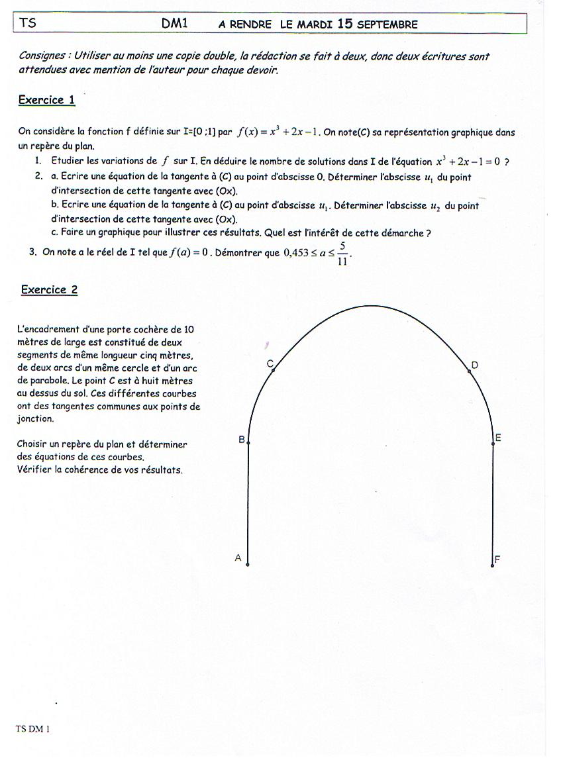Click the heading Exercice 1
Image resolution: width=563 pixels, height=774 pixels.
click(46, 100)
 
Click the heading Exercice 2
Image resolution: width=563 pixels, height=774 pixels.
click(49, 289)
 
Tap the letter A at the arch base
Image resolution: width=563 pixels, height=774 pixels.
click(238, 558)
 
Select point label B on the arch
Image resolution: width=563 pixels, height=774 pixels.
click(242, 440)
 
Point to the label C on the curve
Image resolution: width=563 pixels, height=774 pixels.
click(270, 363)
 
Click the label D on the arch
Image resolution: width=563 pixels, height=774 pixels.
click(475, 365)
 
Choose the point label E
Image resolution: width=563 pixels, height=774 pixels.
click(498, 438)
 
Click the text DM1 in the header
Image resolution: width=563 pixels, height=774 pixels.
click(175, 23)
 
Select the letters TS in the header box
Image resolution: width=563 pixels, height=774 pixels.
click(28, 23)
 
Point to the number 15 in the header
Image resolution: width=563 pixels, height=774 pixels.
click(344, 23)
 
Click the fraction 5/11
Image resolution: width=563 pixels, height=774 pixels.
click(342, 253)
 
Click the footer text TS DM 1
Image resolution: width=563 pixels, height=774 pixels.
click(33, 729)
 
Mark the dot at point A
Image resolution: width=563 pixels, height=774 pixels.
click(248, 565)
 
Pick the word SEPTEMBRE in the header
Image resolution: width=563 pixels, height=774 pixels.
click(387, 24)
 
